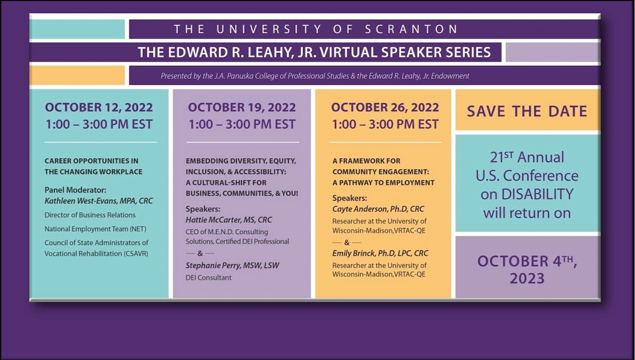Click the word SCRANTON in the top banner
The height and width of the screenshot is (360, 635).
point(411,29)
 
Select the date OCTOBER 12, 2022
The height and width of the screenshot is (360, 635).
point(99,108)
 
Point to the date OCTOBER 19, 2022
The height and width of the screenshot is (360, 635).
point(242,108)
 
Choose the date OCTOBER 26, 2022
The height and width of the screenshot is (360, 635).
point(385,108)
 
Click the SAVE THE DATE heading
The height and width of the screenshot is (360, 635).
point(527,111)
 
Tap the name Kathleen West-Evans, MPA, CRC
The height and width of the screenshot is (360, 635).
point(99,201)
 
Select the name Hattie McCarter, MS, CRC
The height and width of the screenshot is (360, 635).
point(229,220)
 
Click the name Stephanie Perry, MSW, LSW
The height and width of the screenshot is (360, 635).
point(233,266)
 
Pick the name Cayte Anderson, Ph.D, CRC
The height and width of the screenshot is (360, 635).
point(378,209)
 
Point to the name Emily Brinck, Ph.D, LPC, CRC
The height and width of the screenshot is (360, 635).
point(380,253)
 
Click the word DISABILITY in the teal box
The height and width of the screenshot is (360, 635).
point(537,194)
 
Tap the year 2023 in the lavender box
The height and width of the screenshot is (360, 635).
point(527,278)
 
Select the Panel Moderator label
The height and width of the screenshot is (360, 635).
point(75,190)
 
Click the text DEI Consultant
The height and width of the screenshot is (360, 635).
point(208,278)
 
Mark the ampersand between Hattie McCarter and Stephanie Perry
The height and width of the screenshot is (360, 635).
point(200,253)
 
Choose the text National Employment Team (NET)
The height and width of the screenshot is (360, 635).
point(95,229)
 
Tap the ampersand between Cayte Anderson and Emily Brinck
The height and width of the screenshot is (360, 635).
point(347,242)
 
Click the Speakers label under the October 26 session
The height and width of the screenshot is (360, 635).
point(350,198)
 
